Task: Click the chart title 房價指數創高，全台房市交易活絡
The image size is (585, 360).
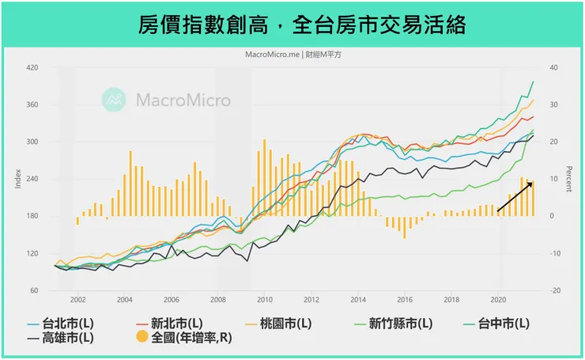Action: coord(292,25)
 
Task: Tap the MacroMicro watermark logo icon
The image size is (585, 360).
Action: coord(115,99)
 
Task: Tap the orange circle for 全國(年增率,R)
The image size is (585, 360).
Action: coord(142,338)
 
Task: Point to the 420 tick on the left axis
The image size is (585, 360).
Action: coord(32,68)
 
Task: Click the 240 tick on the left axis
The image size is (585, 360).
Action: coord(32,179)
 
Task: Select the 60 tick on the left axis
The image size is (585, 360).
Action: coord(35,290)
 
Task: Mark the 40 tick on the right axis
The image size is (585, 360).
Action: coord(555,68)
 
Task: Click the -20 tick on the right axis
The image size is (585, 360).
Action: coord(556,290)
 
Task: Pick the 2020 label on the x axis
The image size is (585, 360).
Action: coord(498,300)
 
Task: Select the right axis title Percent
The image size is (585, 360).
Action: coord(570,180)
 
